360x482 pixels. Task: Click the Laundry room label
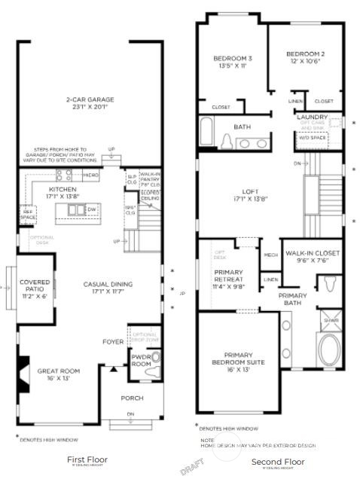point(310,117)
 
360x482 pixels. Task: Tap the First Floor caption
point(87,459)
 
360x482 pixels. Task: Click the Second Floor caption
point(273,460)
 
